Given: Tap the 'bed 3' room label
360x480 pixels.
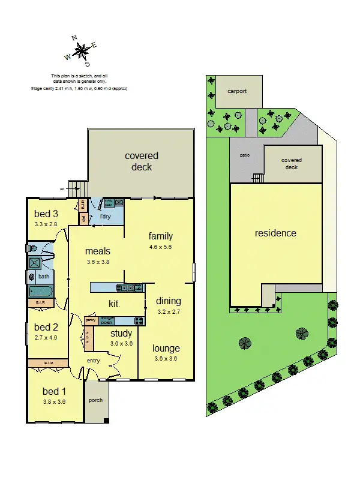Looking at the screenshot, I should pos(46,214).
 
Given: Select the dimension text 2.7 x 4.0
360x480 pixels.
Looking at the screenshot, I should pos(46,338).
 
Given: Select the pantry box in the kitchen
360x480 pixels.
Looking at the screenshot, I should pos(91,320).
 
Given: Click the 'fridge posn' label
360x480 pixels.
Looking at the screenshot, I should pos(108,320).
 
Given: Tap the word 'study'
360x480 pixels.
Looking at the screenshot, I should pos(121,334).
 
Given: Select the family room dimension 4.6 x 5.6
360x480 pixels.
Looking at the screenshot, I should pos(160,247).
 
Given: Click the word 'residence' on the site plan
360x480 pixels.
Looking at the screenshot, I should pos(275,233).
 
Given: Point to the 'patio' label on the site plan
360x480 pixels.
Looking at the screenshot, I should pos(245,155).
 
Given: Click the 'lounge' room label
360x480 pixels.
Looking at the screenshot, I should pos(166,348).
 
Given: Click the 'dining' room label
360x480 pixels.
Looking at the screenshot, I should pos(168,301).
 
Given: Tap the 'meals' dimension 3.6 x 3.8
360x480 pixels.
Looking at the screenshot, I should pos(97,262).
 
